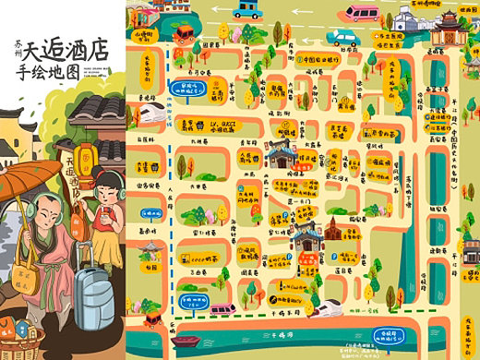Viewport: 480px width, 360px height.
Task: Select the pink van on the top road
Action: click(362, 13)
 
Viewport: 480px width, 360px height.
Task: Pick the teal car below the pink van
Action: click(342, 38)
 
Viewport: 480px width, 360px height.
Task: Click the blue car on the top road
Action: click(247, 10)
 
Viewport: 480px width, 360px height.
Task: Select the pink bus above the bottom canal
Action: click(222, 310)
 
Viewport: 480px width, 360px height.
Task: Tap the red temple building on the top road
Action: click(449, 29)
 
